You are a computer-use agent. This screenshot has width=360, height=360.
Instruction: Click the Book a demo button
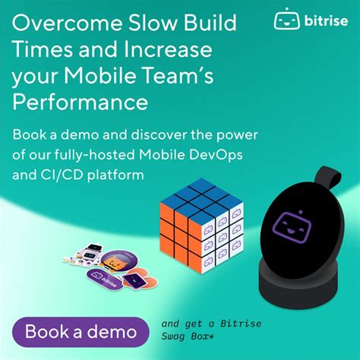tap(81, 331)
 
